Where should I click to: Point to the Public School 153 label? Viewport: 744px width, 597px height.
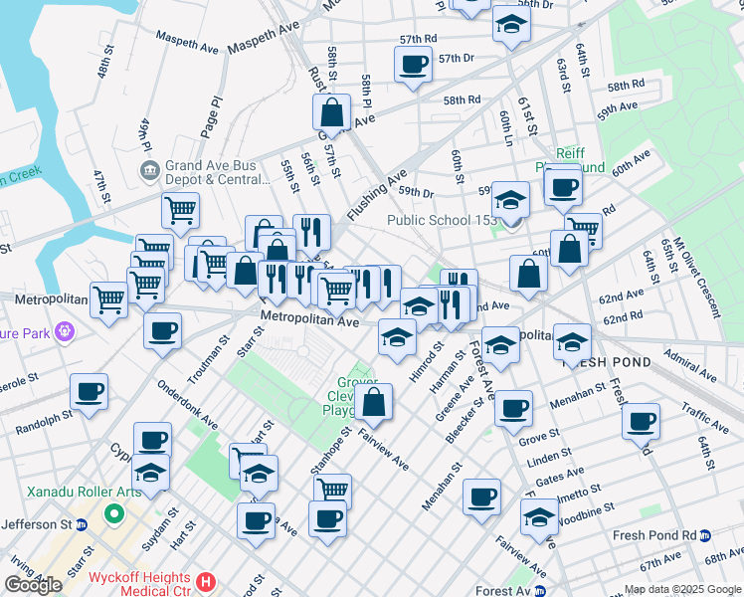click(441, 221)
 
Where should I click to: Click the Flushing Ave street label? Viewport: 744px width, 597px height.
click(376, 198)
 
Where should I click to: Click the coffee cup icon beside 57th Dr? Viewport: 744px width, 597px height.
click(413, 66)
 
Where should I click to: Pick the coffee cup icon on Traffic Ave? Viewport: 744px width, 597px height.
click(642, 420)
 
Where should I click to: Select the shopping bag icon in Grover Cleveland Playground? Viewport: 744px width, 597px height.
click(374, 402)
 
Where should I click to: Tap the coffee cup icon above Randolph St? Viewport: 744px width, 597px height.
click(90, 392)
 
